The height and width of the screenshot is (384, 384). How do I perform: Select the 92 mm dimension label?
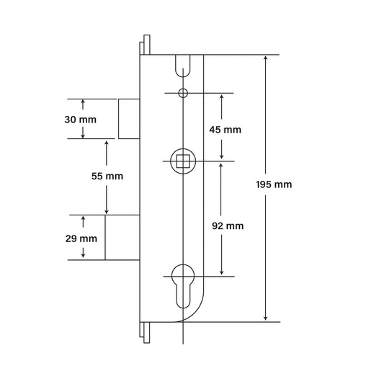tap(228, 226)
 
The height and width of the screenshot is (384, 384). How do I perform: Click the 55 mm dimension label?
tap(108, 176)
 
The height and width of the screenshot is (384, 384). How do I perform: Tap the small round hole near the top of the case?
tap(184, 93)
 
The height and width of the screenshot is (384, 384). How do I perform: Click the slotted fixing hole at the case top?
tap(184, 65)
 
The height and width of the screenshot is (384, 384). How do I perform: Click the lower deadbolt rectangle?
tap(122, 236)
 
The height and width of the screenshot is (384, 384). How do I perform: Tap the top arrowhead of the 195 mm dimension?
tap(266, 58)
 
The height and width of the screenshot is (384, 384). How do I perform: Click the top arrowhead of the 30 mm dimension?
tap(84, 102)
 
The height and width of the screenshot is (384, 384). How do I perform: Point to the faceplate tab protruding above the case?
tap(147, 44)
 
